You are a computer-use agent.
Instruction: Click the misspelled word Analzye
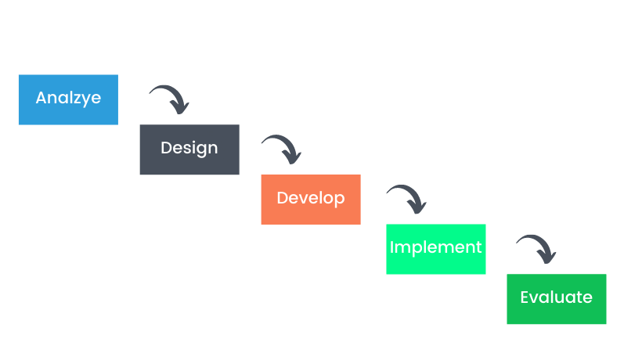tap(68, 99)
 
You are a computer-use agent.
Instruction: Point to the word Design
tap(189, 148)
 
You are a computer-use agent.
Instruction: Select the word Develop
tap(311, 198)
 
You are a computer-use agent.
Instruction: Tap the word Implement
tap(435, 247)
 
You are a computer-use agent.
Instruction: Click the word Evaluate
tap(556, 297)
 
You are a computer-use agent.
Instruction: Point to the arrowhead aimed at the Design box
tap(179, 106)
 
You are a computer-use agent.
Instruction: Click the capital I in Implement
tap(392, 247)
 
